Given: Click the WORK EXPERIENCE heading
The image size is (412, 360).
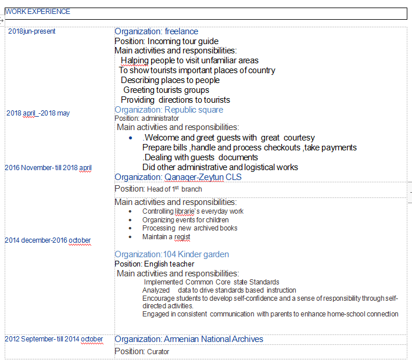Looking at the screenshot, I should tap(38, 12).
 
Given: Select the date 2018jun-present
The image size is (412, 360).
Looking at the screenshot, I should tap(32, 31).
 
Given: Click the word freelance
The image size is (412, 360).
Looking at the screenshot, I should tap(181, 31).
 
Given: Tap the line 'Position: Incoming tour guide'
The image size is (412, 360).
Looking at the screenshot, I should tap(166, 41).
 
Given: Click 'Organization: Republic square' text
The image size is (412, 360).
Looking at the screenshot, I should tap(169, 110).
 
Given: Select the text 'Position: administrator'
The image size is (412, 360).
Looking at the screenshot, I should tap(146, 118).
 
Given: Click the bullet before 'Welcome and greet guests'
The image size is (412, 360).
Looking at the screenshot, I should tap(131, 138).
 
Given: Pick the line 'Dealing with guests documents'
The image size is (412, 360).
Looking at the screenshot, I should tap(200, 157).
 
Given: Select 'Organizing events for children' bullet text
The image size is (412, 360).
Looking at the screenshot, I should tap(185, 220).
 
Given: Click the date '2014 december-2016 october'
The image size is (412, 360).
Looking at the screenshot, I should tap(48, 240).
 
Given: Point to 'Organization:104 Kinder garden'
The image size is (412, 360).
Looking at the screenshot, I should tap(171, 254).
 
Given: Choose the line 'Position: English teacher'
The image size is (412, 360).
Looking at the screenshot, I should tap(154, 264).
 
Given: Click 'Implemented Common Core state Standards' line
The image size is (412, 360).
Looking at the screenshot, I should tap(212, 282).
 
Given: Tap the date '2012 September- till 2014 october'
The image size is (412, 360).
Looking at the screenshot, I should tap(53, 339).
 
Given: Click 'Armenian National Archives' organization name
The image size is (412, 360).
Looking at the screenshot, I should tap(213, 339).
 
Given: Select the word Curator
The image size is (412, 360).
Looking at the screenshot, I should tap(158, 352).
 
